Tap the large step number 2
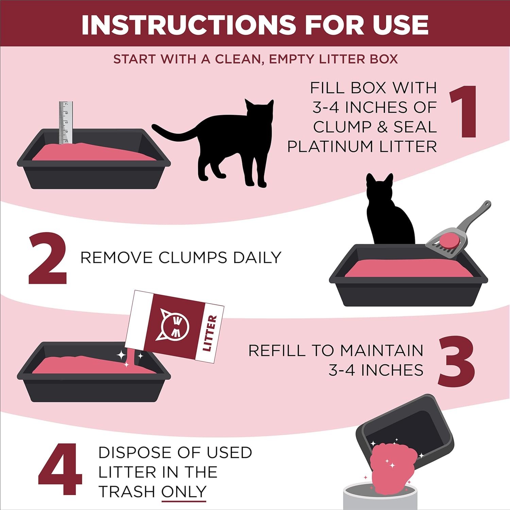coord(48,258)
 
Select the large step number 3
coord(456,361)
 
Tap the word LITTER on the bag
coord(209,333)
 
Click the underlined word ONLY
coord(184,491)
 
